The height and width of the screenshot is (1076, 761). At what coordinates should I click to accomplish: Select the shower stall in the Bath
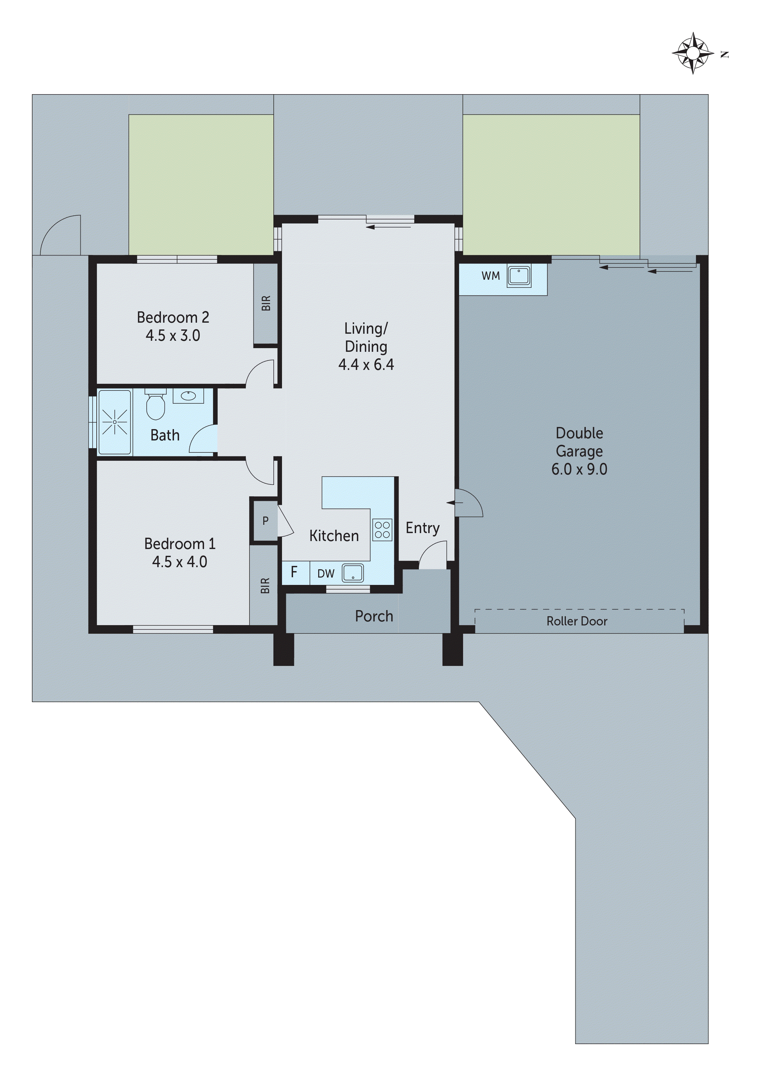point(115,422)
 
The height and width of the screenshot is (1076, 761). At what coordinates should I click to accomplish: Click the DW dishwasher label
point(326,574)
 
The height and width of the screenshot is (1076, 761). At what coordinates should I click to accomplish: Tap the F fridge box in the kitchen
point(295,572)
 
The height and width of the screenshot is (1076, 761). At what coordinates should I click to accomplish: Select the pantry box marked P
point(265,521)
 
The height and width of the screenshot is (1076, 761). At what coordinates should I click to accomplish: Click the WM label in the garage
point(490,276)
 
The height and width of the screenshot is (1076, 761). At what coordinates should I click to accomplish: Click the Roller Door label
point(577,621)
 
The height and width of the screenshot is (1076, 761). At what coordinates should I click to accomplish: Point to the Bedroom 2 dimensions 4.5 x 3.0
point(173,336)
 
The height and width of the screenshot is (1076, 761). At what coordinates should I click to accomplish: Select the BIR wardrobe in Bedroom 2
point(266,303)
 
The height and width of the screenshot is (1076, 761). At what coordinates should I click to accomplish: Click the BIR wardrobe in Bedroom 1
point(265,586)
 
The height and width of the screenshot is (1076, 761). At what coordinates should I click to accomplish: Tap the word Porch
point(374,616)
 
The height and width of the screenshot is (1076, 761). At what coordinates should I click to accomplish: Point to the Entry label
point(423,528)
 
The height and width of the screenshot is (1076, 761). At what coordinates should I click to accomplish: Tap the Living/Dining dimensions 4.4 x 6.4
point(366,365)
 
